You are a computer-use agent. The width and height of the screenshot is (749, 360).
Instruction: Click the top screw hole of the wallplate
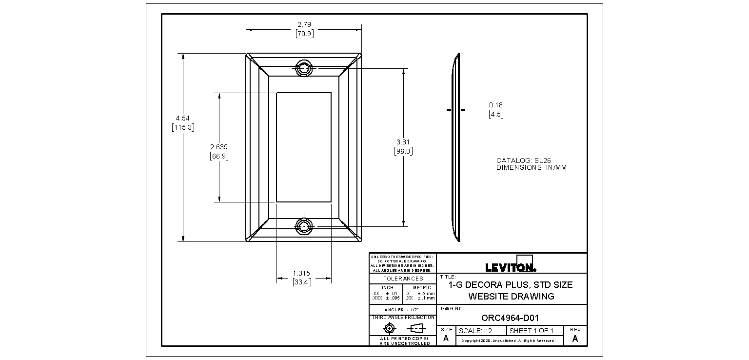pyautogui.click(x=304, y=69)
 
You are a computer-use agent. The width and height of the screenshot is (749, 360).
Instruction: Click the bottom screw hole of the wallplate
pyautogui.click(x=304, y=226)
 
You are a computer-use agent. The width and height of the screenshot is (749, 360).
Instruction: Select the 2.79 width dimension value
pyautogui.click(x=304, y=24)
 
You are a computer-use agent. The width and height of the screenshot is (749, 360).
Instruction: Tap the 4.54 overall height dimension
pyautogui.click(x=183, y=118)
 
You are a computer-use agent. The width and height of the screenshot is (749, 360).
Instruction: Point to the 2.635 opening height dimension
pyautogui.click(x=219, y=147)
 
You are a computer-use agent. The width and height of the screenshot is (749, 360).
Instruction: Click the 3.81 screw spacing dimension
pyautogui.click(x=403, y=142)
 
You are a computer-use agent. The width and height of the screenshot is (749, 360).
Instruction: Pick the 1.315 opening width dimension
pyautogui.click(x=301, y=274)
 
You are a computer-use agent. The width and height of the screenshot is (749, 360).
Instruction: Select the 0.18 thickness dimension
pyautogui.click(x=495, y=105)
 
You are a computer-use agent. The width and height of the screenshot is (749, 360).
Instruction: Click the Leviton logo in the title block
pyautogui.click(x=511, y=267)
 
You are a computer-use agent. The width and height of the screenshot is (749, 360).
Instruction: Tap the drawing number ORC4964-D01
pyautogui.click(x=510, y=318)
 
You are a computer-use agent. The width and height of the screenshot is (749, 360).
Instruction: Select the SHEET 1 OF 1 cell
pyautogui.click(x=531, y=331)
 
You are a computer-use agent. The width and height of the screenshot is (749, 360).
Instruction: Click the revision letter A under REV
pyautogui.click(x=575, y=339)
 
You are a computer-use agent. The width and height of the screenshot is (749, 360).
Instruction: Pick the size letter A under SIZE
pyautogui.click(x=446, y=339)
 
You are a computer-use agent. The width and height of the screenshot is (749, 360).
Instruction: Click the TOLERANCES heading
pyautogui.click(x=403, y=279)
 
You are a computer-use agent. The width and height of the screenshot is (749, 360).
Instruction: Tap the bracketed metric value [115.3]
pyautogui.click(x=183, y=127)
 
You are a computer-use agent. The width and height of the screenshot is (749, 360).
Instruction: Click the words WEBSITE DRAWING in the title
pyautogui.click(x=511, y=297)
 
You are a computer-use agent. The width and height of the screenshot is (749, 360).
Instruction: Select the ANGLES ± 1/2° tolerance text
pyautogui.click(x=402, y=310)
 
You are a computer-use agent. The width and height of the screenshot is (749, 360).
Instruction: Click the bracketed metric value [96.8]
pyautogui.click(x=403, y=151)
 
